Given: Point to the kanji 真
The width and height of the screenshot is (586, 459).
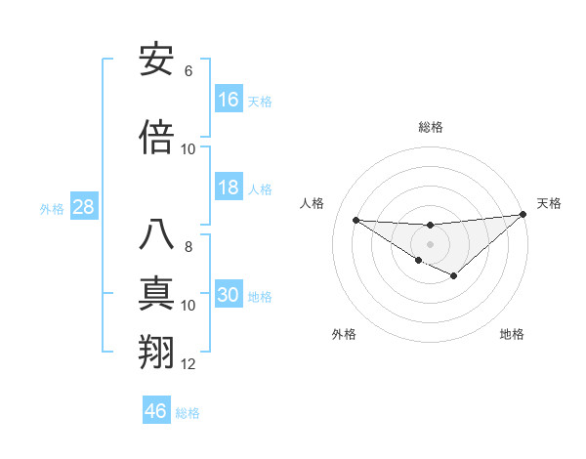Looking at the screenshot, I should point(157,293).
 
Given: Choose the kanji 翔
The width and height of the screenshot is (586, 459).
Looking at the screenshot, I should point(157,352).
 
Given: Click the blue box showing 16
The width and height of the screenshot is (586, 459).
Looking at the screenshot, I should point(229,100).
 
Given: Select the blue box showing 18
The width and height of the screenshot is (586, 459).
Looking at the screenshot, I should point(229,188).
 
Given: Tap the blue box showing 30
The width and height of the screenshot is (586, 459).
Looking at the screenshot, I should point(229,296).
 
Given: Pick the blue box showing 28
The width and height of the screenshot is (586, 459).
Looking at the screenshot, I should point(83,208).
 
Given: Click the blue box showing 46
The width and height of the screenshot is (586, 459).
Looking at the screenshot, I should point(156,411).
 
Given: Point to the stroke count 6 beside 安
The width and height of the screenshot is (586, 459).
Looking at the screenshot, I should point(188,71).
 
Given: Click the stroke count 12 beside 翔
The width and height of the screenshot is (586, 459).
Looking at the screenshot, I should point(188,364).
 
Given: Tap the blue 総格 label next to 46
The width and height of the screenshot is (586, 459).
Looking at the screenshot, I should point(188,413).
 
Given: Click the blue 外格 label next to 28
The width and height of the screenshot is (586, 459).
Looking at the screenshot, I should point(52,209).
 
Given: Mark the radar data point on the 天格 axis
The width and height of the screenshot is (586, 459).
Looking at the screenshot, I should point(523,215).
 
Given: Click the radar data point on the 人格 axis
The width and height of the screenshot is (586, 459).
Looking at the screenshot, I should point(356,220).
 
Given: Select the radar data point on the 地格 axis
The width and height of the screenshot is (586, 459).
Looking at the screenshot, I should point(454,276).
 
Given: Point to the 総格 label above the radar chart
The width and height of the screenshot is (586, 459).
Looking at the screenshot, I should point(431,127).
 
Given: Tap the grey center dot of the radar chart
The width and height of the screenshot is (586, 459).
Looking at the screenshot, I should point(431,243).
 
